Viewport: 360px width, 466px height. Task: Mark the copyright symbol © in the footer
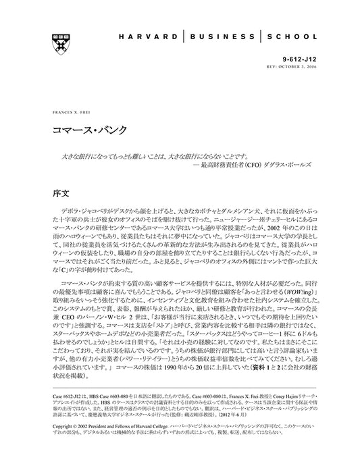[x=55, y=428]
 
